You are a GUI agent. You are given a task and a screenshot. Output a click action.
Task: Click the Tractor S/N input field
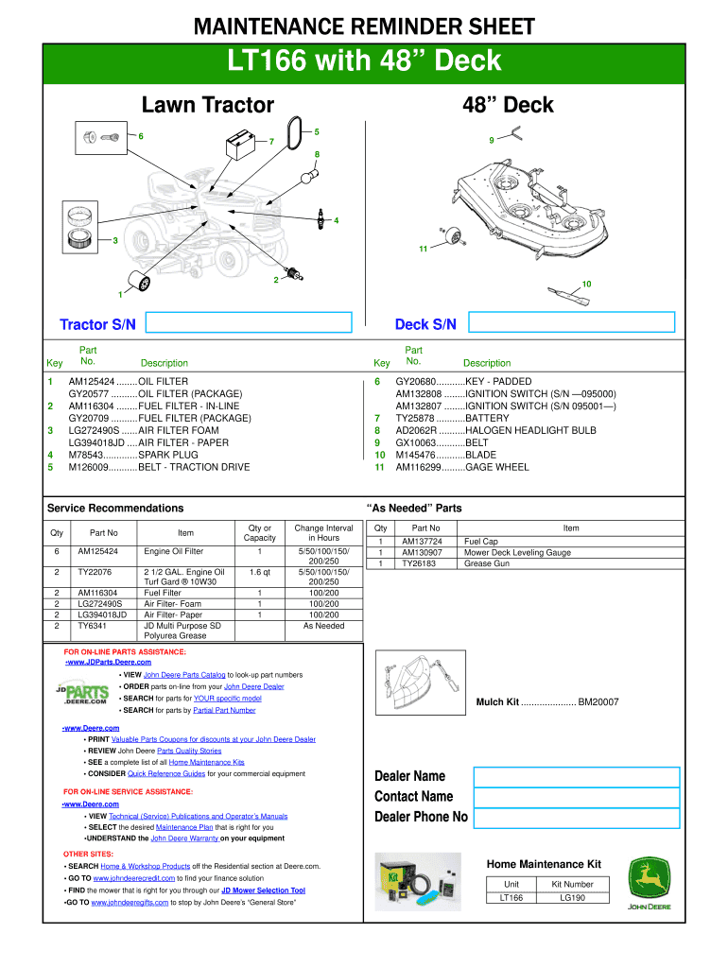250,324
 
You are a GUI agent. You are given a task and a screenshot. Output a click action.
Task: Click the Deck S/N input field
575,324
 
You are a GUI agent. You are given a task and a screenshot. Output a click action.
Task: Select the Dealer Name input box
576,777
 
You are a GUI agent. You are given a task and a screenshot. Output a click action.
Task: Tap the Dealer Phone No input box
576,817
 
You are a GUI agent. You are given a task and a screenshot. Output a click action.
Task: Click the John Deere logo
650,885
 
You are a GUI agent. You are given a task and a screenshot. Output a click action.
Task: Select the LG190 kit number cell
573,898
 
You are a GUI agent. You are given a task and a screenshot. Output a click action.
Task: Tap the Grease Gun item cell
488,563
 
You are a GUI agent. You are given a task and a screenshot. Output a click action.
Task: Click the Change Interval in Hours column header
323,533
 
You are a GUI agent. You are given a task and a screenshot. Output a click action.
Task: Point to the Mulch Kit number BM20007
598,702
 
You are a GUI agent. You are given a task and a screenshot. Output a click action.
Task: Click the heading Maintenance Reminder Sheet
364,27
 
